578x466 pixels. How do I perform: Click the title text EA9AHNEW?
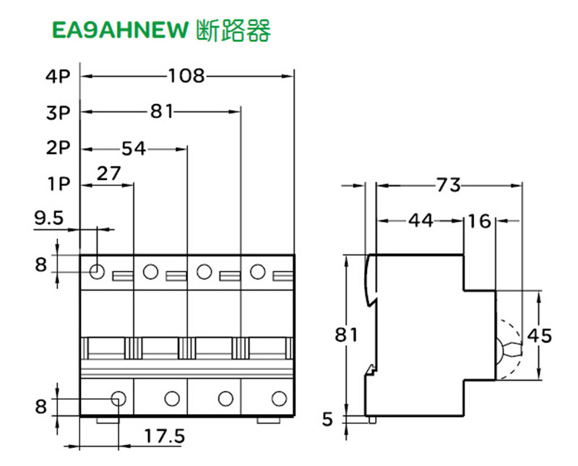coord(120,31)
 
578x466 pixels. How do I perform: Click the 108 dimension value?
coord(187,75)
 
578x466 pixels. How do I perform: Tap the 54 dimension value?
coord(133,149)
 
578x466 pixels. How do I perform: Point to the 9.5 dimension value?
coord(49,216)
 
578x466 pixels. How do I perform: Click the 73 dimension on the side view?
coord(448,186)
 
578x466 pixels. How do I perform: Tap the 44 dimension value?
coord(420,220)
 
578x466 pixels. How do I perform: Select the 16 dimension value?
coord(479,220)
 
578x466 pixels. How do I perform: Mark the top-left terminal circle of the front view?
coord(97,272)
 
